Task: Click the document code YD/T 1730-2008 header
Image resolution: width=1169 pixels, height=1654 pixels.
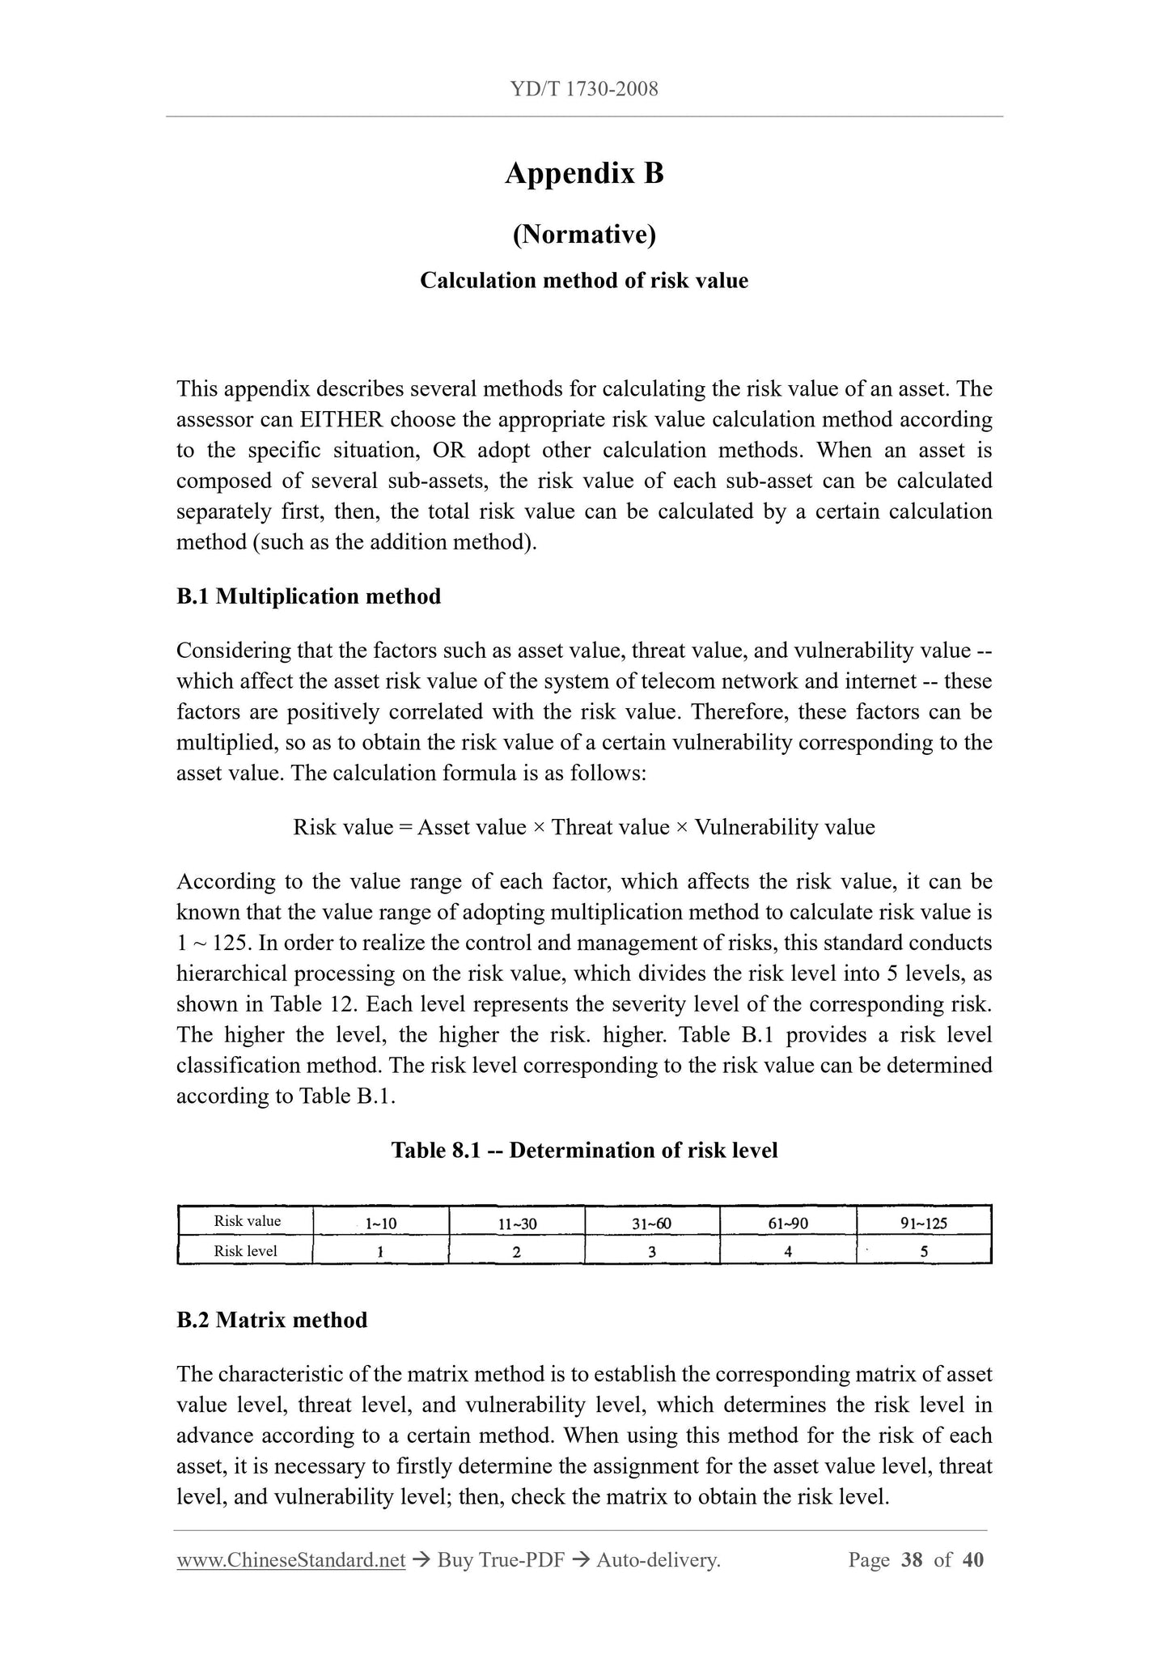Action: (x=584, y=89)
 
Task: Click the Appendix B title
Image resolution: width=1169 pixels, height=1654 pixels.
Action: (x=584, y=173)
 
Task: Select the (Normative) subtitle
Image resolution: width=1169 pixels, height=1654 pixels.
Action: (x=584, y=235)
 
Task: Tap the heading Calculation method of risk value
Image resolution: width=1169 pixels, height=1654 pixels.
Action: (x=584, y=281)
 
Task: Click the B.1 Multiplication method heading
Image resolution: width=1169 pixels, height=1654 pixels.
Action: (x=308, y=596)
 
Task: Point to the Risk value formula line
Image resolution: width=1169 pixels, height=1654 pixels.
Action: (x=584, y=827)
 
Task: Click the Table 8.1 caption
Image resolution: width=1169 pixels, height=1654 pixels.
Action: (x=584, y=1150)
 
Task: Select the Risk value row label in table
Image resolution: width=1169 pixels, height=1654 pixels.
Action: (x=247, y=1221)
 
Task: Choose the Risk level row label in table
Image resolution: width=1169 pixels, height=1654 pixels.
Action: (x=245, y=1251)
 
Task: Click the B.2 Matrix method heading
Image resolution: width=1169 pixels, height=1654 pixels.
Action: (x=272, y=1320)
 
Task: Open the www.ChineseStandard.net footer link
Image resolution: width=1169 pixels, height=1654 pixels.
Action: (x=290, y=1560)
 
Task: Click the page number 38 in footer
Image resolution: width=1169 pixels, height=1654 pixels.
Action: (x=912, y=1560)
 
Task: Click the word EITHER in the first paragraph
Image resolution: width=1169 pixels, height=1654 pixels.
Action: (x=341, y=420)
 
